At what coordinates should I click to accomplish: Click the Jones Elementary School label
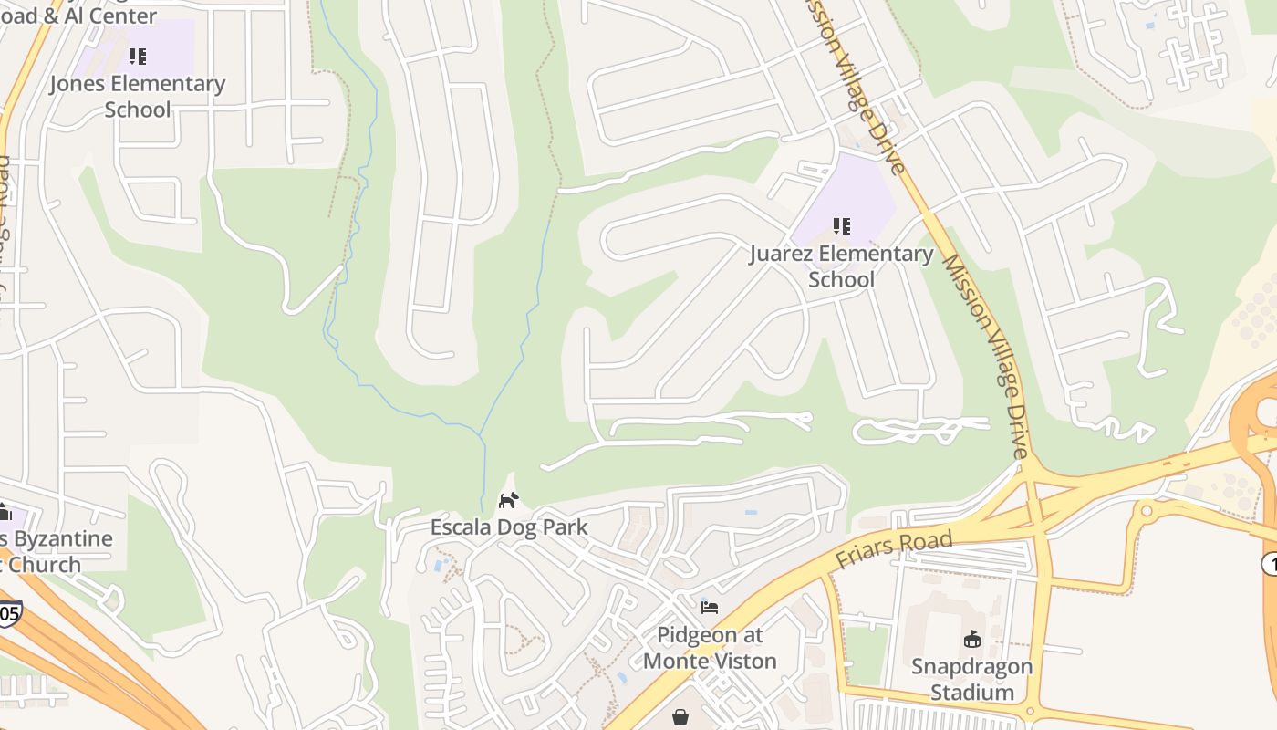pyautogui.click(x=137, y=96)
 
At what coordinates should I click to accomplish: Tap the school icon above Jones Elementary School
pyautogui.click(x=138, y=57)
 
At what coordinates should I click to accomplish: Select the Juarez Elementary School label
pyautogui.click(x=841, y=266)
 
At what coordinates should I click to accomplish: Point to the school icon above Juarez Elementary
pyautogui.click(x=841, y=225)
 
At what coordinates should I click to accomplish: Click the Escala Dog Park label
pyautogui.click(x=509, y=527)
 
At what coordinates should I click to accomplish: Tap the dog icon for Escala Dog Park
pyautogui.click(x=509, y=500)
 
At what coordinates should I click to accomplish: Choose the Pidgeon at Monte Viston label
pyautogui.click(x=710, y=647)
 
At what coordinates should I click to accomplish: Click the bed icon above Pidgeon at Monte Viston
pyautogui.click(x=710, y=608)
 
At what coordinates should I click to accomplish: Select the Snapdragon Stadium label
pyautogui.click(x=971, y=679)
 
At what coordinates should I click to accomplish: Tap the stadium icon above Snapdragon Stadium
pyautogui.click(x=972, y=640)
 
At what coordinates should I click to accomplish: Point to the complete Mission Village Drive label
pyautogui.click(x=987, y=356)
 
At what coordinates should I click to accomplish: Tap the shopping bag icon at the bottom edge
pyautogui.click(x=680, y=718)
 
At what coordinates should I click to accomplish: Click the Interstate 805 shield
pyautogui.click(x=8, y=613)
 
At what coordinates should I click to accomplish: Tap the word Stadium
pyautogui.click(x=971, y=692)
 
